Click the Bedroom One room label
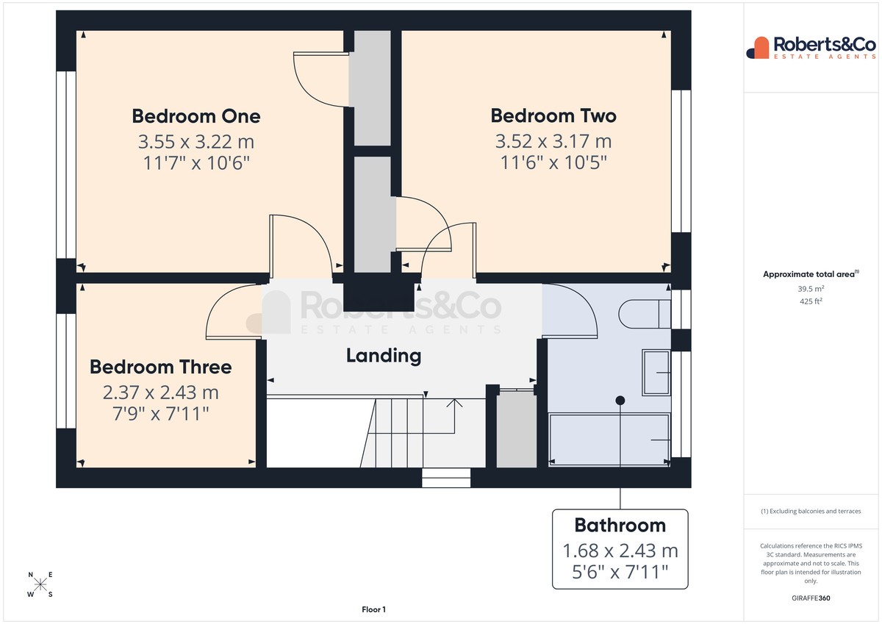[196, 116]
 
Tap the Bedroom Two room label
[553, 115]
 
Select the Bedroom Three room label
[161, 367]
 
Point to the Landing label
[384, 356]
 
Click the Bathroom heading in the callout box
[620, 526]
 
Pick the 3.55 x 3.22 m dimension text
[196, 142]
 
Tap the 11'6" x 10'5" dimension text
[553, 162]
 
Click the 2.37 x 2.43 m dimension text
[161, 392]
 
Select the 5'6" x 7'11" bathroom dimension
[620, 572]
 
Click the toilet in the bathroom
[645, 314]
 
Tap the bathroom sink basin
[656, 373]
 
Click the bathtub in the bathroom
[609, 440]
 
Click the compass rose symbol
[40, 584]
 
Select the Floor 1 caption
[373, 609]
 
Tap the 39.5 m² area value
[811, 289]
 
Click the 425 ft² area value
[811, 301]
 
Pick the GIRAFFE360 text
[811, 598]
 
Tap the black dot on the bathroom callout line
[620, 401]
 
